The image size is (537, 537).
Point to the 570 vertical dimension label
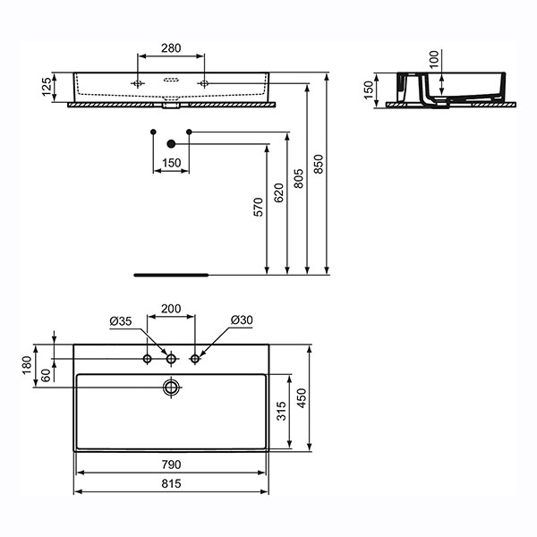[257, 208]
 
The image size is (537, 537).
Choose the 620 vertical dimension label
[277, 190]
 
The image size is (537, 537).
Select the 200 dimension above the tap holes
[171, 309]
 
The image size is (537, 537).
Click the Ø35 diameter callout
[121, 320]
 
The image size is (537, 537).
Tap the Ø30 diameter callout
[241, 320]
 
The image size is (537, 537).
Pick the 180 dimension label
[27, 363]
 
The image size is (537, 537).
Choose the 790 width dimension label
[171, 465]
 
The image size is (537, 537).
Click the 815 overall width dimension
[171, 483]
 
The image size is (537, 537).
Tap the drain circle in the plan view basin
[170, 388]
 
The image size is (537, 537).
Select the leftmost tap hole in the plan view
[148, 360]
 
